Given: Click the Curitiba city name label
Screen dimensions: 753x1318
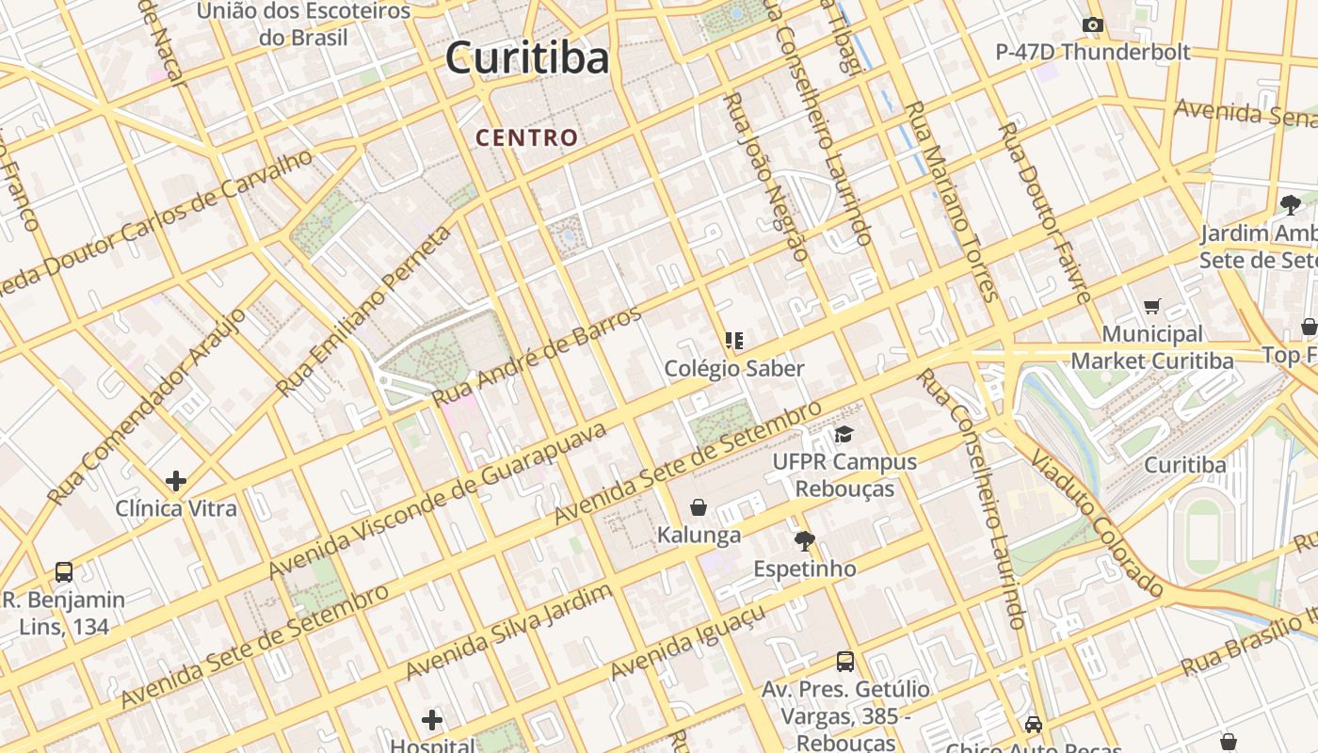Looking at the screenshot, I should point(527,58).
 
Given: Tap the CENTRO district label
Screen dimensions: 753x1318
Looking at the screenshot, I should point(526,137).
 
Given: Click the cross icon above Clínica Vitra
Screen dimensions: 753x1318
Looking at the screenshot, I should point(176,481).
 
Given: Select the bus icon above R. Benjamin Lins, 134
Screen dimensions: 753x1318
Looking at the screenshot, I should point(64,571).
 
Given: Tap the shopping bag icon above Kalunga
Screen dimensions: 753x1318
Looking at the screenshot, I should point(699,508).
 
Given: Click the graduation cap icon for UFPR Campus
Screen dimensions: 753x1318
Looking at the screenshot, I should point(844,435).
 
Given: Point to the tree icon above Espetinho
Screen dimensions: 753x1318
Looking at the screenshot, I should point(804,541).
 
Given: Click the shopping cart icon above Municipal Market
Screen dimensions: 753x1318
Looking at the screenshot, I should point(1151,306).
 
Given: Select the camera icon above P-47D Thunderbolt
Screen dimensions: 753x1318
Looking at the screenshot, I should point(1092,25).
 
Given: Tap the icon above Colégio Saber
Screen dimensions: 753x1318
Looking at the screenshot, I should point(734,340).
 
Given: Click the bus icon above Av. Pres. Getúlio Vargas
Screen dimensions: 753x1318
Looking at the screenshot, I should point(845,662).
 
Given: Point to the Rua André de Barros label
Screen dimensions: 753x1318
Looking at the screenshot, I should point(538,356).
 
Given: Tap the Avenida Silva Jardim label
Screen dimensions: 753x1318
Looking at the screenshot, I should point(509,632).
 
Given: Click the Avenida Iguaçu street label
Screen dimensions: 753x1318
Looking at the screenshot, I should point(687,643).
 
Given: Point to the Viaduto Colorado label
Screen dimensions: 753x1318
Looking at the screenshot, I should point(1098,523).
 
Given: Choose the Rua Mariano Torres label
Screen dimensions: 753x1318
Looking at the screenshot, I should point(950,200).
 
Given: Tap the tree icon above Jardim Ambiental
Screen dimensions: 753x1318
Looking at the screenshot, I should point(1290,204).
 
